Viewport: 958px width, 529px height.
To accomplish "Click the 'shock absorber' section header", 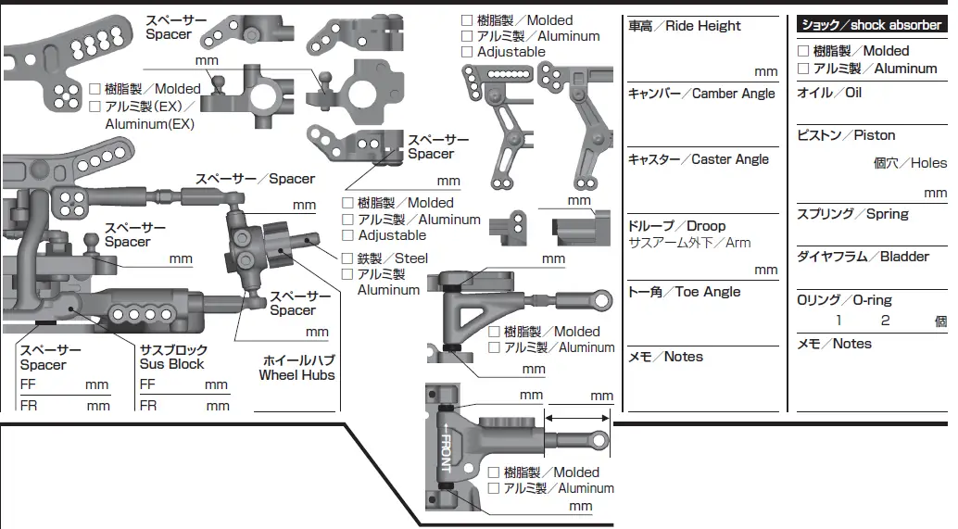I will [x=871, y=25].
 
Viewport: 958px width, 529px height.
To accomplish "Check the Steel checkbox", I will [x=348, y=258].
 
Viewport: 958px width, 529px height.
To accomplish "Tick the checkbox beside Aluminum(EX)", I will [x=95, y=107].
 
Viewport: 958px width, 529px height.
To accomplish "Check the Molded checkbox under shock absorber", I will [x=803, y=52].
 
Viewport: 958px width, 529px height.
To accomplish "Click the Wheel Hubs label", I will [x=296, y=375].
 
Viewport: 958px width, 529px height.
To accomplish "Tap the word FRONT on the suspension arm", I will [x=446, y=448].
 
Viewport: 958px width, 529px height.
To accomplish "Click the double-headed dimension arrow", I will [x=578, y=418].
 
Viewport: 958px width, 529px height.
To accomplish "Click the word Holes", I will [x=928, y=163].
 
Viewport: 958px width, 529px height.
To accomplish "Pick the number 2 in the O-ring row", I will [x=885, y=321].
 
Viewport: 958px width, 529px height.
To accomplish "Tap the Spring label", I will [x=852, y=214].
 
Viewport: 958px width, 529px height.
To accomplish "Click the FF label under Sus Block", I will [x=147, y=384].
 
